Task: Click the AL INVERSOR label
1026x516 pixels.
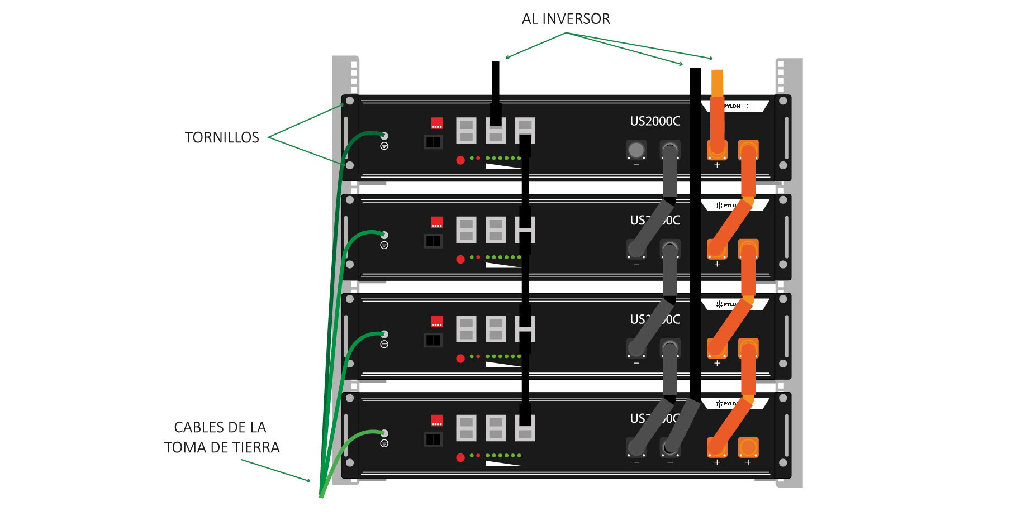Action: (x=566, y=19)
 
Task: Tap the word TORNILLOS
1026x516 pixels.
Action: (x=222, y=137)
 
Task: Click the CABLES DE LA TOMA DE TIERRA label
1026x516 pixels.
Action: (x=221, y=437)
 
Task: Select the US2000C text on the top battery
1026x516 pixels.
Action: (x=655, y=121)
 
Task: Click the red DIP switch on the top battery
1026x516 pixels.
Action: (x=437, y=123)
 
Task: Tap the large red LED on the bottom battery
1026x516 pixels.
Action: (x=460, y=457)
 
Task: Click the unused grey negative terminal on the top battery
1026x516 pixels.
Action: (x=636, y=150)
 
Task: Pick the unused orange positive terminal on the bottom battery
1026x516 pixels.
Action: (x=748, y=447)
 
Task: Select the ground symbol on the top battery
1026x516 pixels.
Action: (x=384, y=146)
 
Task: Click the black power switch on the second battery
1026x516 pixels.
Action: (x=433, y=241)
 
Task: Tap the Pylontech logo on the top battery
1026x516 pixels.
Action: (x=738, y=106)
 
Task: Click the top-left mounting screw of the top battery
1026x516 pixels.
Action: (x=350, y=101)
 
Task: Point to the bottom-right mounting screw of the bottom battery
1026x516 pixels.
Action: (x=783, y=462)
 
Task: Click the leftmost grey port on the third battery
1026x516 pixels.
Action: (x=466, y=329)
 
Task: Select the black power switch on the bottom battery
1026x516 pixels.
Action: (x=433, y=439)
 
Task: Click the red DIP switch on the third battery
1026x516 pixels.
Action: (x=437, y=321)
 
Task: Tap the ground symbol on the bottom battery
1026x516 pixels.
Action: (x=384, y=443)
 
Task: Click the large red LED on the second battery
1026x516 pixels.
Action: (x=460, y=259)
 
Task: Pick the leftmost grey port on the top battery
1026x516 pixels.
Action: (x=466, y=131)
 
